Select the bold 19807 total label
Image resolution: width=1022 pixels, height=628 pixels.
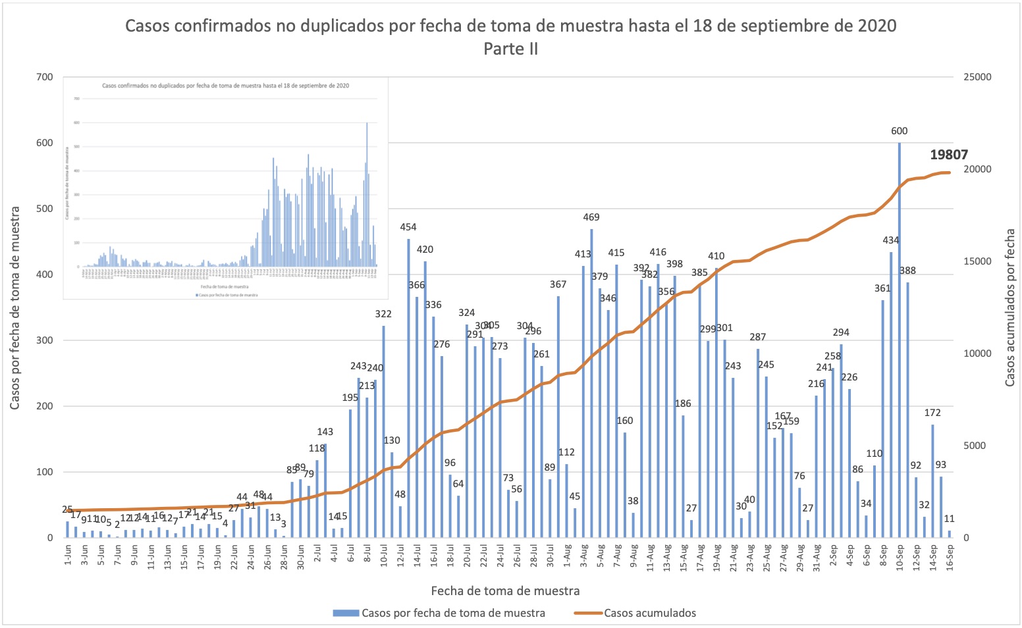tap(948, 155)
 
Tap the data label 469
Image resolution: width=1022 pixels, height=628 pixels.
tap(591, 217)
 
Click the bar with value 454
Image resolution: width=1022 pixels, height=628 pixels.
tap(408, 388)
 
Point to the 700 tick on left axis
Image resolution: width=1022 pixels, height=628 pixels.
tap(45, 77)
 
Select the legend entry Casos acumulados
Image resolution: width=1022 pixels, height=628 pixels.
tap(649, 613)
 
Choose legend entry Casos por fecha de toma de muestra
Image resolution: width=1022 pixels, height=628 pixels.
tap(453, 613)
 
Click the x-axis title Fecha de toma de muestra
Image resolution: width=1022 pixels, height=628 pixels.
tap(505, 590)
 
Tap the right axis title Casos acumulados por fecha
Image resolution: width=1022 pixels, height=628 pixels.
tap(1009, 308)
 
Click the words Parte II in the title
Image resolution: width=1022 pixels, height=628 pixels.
tap(510, 49)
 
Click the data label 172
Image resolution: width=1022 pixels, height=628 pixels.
tap(932, 413)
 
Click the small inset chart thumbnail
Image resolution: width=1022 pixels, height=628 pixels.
tap(225, 188)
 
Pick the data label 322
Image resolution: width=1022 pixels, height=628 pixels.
tap(383, 314)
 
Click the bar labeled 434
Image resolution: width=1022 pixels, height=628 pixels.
tap(891, 395)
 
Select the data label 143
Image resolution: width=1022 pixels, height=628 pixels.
tap(325, 432)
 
